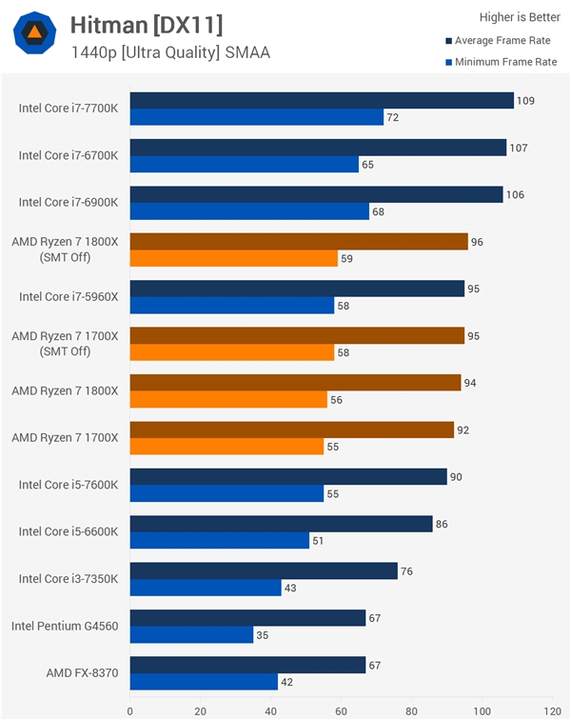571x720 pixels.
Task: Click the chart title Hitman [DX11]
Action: click(147, 24)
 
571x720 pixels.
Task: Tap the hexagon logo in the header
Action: click(34, 33)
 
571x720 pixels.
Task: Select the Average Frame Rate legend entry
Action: click(502, 40)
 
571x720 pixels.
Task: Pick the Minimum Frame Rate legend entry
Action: click(502, 62)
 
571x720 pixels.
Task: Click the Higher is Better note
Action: click(520, 16)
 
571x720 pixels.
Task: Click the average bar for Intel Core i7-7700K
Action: click(322, 100)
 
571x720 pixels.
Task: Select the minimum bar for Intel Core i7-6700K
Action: click(245, 165)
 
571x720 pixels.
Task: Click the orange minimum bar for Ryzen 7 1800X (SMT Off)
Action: click(234, 258)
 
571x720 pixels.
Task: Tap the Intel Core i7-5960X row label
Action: click(69, 296)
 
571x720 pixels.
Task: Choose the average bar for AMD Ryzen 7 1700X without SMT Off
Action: click(292, 430)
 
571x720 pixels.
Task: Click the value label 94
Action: click(470, 383)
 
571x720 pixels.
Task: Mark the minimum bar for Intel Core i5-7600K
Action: click(227, 493)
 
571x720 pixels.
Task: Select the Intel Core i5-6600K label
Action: click(69, 531)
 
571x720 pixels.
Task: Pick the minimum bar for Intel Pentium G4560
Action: click(192, 634)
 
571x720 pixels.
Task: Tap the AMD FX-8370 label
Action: click(82, 672)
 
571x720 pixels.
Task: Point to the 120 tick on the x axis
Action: click(551, 710)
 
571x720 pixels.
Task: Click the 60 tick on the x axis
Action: click(341, 710)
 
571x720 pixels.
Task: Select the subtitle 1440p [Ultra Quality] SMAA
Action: click(170, 52)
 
